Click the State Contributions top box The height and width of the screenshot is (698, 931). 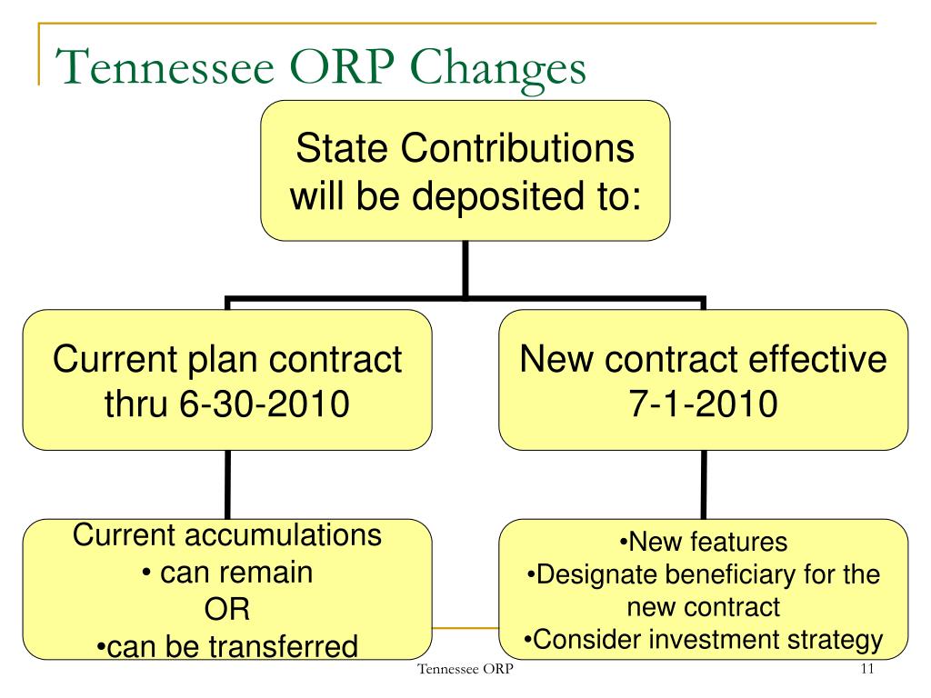465,171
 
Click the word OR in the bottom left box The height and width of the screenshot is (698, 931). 226,609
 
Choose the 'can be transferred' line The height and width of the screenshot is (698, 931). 226,646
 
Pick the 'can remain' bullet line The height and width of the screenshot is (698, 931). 226,573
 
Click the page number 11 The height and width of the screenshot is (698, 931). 866,671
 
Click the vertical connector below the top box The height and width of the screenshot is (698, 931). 465,268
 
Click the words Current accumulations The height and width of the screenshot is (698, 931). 226,535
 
